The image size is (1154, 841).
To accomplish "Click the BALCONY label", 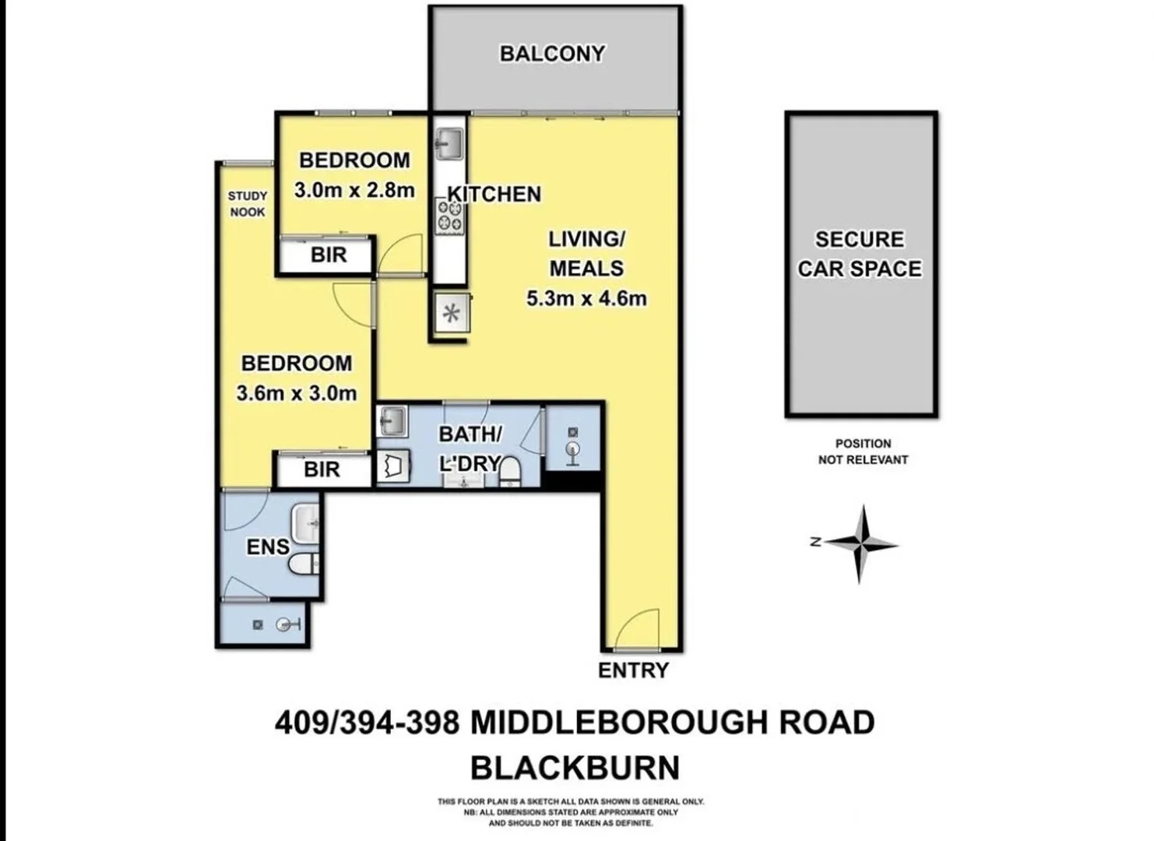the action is (x=552, y=54).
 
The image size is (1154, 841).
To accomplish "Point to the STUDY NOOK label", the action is (x=248, y=203).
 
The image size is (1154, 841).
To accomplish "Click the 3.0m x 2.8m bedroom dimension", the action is (x=354, y=190).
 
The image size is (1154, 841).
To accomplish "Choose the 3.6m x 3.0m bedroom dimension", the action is (x=297, y=393).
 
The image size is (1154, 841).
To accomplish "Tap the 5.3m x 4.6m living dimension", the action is (x=586, y=298).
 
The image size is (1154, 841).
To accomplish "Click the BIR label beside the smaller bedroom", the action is (x=329, y=255).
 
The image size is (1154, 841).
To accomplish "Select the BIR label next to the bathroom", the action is (x=322, y=470).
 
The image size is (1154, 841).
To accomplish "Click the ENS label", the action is (x=268, y=547).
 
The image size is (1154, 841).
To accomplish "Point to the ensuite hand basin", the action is (x=305, y=523).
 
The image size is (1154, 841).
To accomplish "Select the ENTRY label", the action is (x=633, y=670).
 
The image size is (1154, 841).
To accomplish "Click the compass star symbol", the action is (x=861, y=544).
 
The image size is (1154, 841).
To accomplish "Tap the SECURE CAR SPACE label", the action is (x=860, y=254).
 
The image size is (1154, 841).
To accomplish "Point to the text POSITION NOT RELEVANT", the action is (x=863, y=452).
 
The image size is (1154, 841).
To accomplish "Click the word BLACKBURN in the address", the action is (x=575, y=769).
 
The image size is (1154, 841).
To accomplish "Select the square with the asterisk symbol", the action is (x=452, y=312).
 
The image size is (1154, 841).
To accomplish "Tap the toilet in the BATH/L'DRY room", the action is (x=511, y=471).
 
